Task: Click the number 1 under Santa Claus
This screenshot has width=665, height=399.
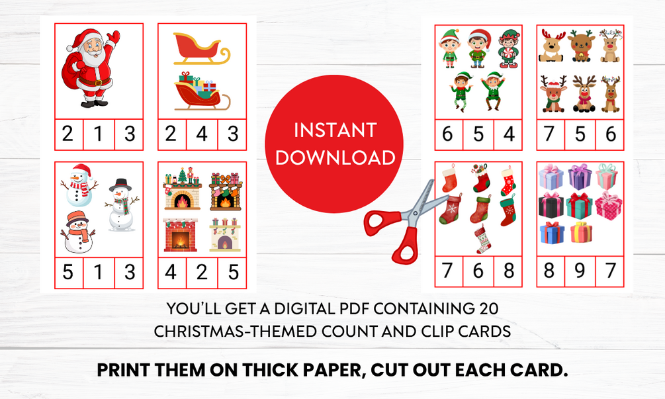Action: point(99,134)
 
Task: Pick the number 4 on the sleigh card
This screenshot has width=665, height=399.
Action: point(202,134)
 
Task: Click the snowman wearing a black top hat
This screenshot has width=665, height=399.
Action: point(121,205)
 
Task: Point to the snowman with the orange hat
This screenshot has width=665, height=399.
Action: point(78,232)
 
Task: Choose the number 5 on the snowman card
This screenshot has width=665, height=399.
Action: point(68,272)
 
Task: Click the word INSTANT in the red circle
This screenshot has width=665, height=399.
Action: point(335,130)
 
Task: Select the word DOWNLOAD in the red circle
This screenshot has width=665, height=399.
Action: point(335,157)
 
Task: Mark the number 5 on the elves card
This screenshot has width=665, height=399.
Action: point(478,134)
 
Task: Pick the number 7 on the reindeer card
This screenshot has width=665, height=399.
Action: point(549,134)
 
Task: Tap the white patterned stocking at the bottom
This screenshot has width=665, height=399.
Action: point(482,239)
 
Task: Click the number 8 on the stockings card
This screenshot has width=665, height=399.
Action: point(509,271)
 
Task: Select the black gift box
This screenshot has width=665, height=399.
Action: point(551,205)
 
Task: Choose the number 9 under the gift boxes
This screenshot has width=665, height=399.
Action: point(580,271)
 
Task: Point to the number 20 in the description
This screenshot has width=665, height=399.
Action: point(490,309)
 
